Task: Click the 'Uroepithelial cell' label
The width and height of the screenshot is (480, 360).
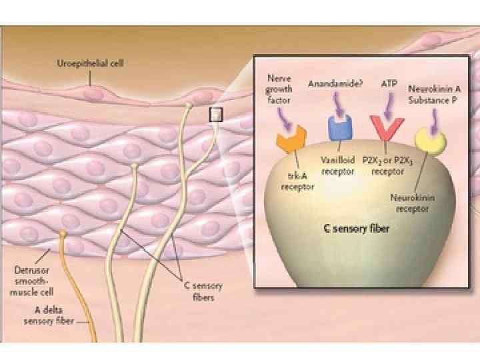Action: (x=90, y=64)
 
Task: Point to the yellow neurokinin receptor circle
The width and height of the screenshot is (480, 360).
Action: (x=429, y=141)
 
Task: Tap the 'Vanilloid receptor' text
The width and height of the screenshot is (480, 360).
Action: (x=337, y=166)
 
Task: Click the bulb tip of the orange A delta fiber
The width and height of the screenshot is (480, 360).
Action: (x=63, y=234)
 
